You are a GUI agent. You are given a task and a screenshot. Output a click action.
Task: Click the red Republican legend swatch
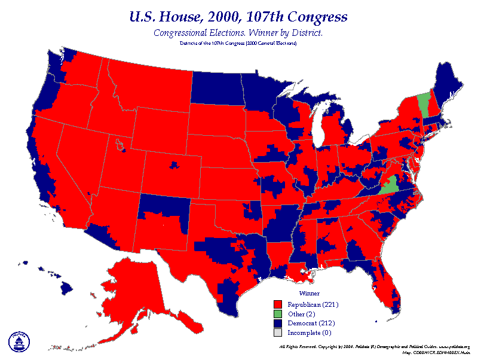pyautogui.click(x=277, y=304)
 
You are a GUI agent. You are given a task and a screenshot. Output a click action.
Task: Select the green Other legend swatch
pyautogui.click(x=277, y=313)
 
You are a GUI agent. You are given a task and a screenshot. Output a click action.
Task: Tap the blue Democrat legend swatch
pyautogui.click(x=277, y=323)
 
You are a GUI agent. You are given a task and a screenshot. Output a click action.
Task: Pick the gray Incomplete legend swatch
pyautogui.click(x=277, y=332)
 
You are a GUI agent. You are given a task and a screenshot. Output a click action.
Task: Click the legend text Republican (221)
pyautogui.click(x=309, y=304)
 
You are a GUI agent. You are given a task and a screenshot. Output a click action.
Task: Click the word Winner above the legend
pyautogui.click(x=309, y=294)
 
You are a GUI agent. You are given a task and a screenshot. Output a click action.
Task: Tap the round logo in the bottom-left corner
pyautogui.click(x=19, y=341)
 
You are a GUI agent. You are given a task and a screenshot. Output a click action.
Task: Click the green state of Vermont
pyautogui.click(x=422, y=104)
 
